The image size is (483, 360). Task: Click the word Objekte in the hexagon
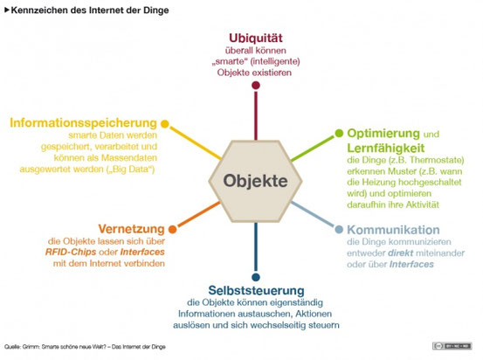pos(254,182)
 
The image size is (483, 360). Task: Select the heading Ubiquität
pos(256,38)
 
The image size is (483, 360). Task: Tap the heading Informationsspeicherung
pos(84,121)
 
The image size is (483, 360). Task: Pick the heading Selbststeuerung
pos(255,289)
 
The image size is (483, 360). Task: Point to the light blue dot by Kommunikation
pos(338,229)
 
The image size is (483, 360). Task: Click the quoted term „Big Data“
pos(132,169)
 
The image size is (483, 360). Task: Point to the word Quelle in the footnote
pos(12,347)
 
